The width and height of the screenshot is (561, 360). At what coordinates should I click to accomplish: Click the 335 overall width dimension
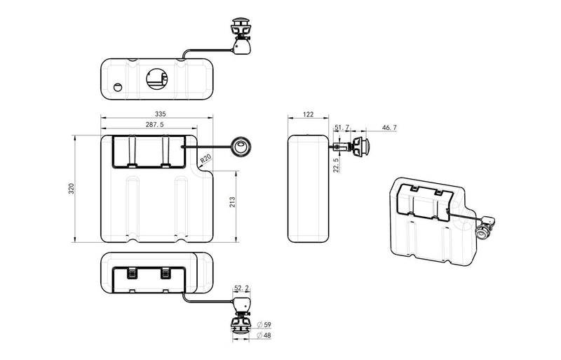click(161, 114)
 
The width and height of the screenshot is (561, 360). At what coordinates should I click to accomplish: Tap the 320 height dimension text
click(71, 189)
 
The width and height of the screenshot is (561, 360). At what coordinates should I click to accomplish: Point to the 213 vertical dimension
click(231, 202)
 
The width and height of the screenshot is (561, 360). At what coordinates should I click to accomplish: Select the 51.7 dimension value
click(342, 127)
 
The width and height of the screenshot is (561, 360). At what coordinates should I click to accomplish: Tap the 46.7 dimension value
click(389, 127)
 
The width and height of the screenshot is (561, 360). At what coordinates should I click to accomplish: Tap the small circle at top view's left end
click(118, 88)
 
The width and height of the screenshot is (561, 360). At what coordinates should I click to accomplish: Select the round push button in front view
click(241, 147)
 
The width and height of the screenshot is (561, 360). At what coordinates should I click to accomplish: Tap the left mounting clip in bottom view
click(131, 273)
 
